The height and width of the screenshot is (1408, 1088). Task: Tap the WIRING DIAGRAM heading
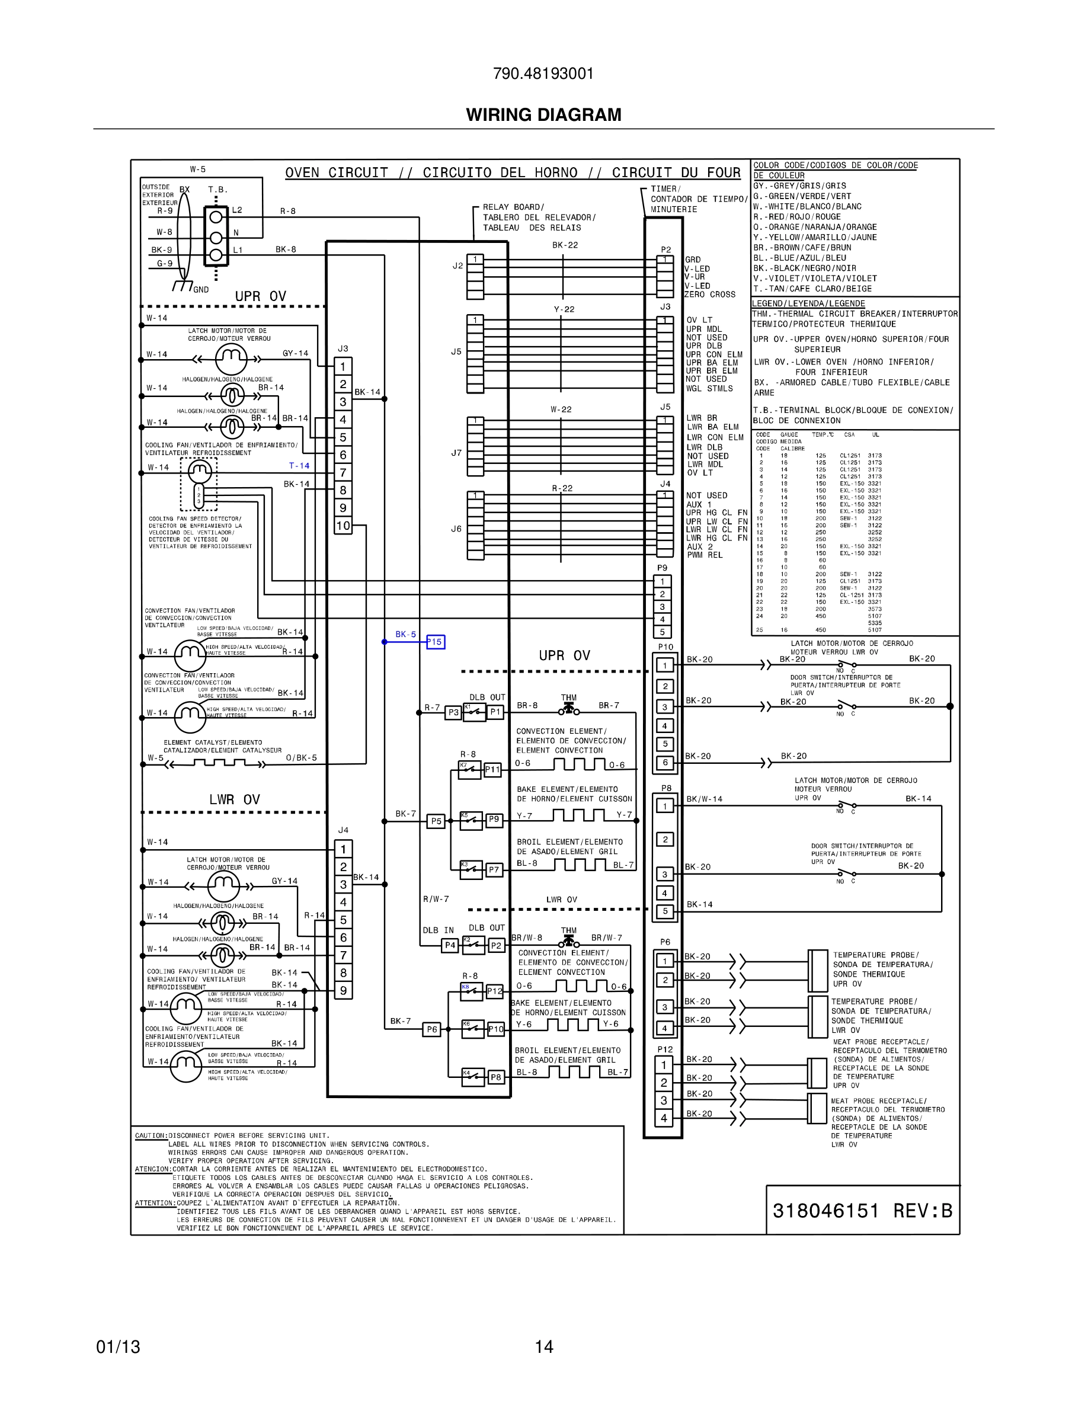543,115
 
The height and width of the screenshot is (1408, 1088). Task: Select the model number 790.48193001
543,73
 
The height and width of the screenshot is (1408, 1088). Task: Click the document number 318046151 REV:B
862,1211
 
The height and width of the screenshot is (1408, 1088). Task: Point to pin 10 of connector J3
343,526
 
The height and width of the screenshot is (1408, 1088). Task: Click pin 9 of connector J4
343,990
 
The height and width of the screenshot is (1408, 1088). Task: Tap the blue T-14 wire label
299,465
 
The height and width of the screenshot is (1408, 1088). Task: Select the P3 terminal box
453,712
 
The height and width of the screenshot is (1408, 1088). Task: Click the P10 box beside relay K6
495,1029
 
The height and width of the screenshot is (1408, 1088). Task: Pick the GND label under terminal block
201,289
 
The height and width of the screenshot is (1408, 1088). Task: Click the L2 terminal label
237,210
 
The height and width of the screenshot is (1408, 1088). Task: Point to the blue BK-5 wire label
405,635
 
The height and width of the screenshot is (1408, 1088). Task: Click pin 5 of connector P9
662,632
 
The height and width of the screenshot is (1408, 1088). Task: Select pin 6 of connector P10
665,763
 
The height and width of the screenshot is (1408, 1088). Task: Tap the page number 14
543,1347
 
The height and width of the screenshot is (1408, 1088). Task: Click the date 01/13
118,1347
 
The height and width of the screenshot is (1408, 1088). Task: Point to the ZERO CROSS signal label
710,295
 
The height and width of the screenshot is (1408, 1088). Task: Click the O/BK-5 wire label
301,757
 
